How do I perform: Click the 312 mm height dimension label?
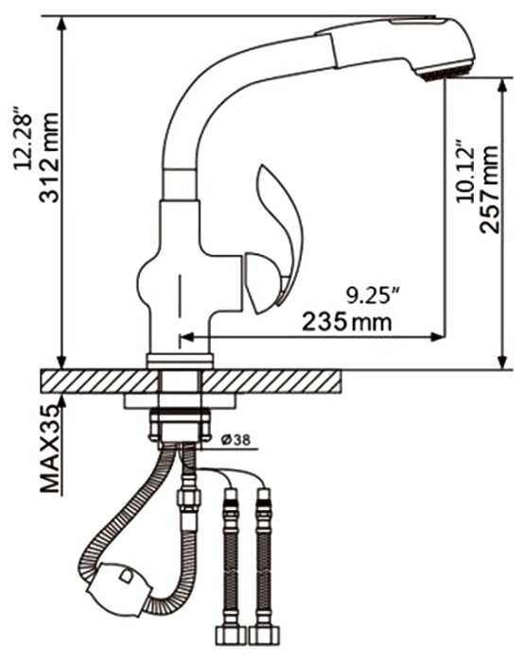[x=48, y=158]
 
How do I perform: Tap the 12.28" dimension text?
[x=23, y=137]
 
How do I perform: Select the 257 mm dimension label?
[x=489, y=189]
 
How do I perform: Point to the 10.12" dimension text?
[x=464, y=171]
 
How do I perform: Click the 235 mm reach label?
[x=347, y=322]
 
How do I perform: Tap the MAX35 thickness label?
[x=49, y=449]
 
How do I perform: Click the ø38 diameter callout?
[x=236, y=440]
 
